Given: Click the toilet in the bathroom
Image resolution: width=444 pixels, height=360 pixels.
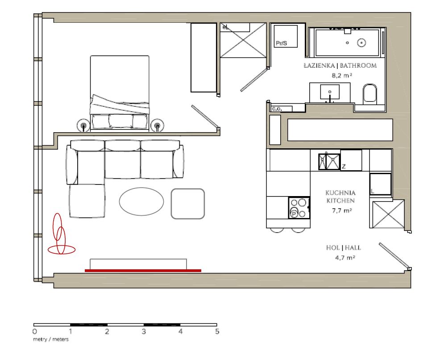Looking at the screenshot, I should pyautogui.click(x=370, y=94).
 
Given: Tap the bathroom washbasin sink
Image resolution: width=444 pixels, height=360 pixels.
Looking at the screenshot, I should pyautogui.click(x=330, y=92).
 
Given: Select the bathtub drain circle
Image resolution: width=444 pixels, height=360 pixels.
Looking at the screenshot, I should pyautogui.click(x=362, y=43).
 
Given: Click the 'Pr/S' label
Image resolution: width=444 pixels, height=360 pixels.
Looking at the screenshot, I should pyautogui.click(x=281, y=43).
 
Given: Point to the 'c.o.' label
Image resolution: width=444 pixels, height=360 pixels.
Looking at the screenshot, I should pyautogui.click(x=276, y=109).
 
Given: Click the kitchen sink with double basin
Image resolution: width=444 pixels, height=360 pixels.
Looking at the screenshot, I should pyautogui.click(x=329, y=161).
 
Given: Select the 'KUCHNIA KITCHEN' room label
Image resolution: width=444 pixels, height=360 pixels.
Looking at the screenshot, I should pyautogui.click(x=340, y=197).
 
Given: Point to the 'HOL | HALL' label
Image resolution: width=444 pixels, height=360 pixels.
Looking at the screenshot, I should pyautogui.click(x=344, y=248).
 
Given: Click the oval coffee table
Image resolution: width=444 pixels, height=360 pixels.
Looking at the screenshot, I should pyautogui.click(x=141, y=202).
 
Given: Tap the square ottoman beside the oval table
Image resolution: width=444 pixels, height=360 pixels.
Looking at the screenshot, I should pyautogui.click(x=188, y=204).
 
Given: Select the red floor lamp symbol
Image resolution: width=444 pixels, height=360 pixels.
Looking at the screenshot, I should pyautogui.click(x=60, y=236).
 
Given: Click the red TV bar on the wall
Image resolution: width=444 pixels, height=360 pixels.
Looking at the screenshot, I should pyautogui.click(x=143, y=270).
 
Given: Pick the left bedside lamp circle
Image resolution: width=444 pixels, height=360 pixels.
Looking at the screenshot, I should pyautogui.click(x=83, y=126).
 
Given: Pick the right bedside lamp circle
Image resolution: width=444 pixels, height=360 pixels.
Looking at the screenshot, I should pyautogui.click(x=157, y=126).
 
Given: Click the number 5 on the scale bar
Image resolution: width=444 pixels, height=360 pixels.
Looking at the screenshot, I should pyautogui.click(x=217, y=332).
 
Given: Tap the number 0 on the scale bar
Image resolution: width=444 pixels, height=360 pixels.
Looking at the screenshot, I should pyautogui.click(x=34, y=332).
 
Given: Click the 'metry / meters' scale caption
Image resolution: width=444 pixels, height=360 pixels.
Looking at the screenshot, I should pyautogui.click(x=51, y=339).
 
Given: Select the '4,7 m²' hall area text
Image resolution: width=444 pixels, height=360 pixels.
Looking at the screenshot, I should pyautogui.click(x=344, y=258).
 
